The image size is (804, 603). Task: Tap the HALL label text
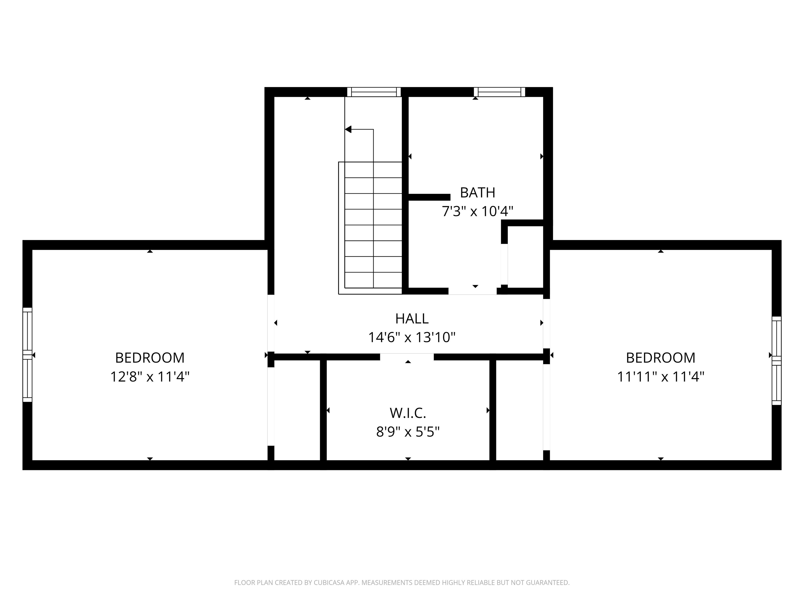coord(412,319)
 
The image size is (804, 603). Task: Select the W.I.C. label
coord(408,413)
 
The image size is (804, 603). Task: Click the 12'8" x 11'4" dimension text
coord(150,377)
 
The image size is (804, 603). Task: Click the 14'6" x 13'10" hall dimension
coord(412,338)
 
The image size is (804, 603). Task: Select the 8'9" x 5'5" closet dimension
coord(408,432)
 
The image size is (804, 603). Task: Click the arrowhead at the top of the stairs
coord(348,129)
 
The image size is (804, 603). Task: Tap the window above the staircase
coord(374,92)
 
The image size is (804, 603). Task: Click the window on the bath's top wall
coord(499,92)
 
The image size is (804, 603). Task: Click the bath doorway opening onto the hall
coord(472,291)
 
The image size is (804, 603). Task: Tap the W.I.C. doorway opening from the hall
coord(407,357)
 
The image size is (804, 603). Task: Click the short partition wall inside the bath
coord(429,197)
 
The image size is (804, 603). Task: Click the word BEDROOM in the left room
coord(150,358)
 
